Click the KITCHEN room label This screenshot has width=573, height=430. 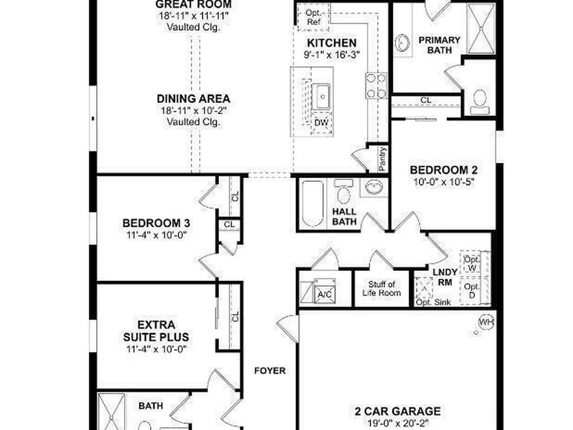[332, 43]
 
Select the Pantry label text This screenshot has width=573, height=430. [383, 158]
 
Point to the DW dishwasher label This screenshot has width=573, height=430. [321, 123]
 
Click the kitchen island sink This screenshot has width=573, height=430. [322, 96]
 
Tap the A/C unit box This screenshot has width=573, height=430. [323, 291]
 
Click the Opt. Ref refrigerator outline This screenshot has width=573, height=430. [313, 16]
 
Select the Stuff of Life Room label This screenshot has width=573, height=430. [382, 288]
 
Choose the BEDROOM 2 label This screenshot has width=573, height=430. [443, 170]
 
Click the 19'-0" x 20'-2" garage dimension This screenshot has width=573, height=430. [397, 423]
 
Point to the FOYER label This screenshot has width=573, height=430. [270, 371]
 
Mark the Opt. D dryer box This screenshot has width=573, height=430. [472, 290]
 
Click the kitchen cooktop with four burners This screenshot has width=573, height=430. [376, 85]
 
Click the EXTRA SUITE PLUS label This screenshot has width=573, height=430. [156, 331]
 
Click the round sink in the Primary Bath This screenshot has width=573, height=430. [402, 43]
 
